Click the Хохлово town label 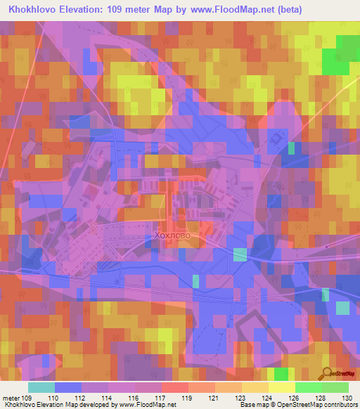pos(181,238)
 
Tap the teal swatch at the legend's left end pos(41,387)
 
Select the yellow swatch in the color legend pos(281,387)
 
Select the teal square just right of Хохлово pos(240,254)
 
